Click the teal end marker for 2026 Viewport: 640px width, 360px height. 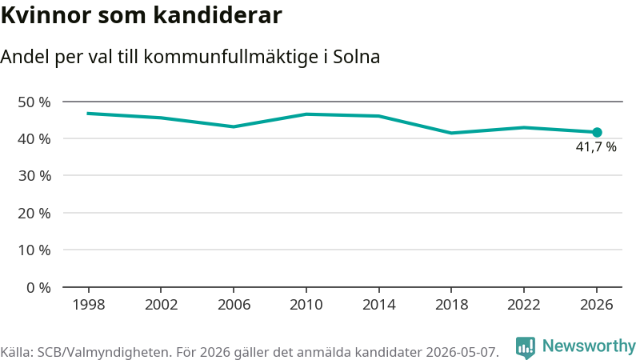(x=597, y=132)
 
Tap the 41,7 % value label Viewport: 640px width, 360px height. (x=596, y=147)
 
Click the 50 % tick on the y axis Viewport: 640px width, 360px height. (x=34, y=102)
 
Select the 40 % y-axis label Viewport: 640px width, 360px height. (x=34, y=139)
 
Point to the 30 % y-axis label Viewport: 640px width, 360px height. (x=34, y=176)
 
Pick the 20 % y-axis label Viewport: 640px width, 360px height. (x=34, y=213)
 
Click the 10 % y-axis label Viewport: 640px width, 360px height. (x=34, y=250)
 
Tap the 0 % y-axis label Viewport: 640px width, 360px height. (x=38, y=288)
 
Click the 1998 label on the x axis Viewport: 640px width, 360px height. (x=89, y=305)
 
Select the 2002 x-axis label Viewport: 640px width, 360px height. (x=162, y=305)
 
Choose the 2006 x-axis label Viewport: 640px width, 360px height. (x=234, y=305)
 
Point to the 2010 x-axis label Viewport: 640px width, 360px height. (x=306, y=305)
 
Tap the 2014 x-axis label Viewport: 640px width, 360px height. (x=378, y=305)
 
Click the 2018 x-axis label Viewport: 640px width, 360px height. (x=451, y=305)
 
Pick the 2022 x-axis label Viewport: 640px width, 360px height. (x=524, y=305)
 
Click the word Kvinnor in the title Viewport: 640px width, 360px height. (x=46, y=15)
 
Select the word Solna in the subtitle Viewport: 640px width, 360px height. (x=356, y=57)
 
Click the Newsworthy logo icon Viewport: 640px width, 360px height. (x=526, y=348)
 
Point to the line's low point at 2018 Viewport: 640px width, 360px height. (x=451, y=133)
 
